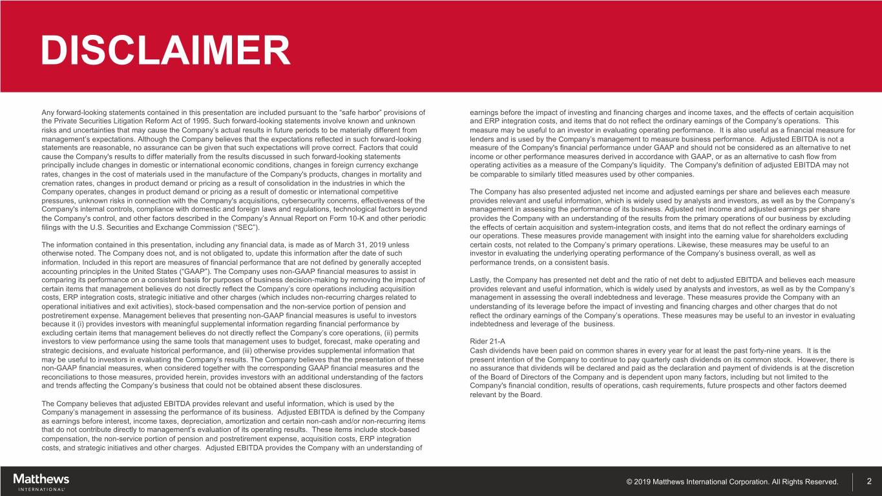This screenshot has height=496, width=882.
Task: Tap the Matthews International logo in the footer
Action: click(41, 481)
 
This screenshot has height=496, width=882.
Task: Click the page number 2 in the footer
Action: click(869, 481)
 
